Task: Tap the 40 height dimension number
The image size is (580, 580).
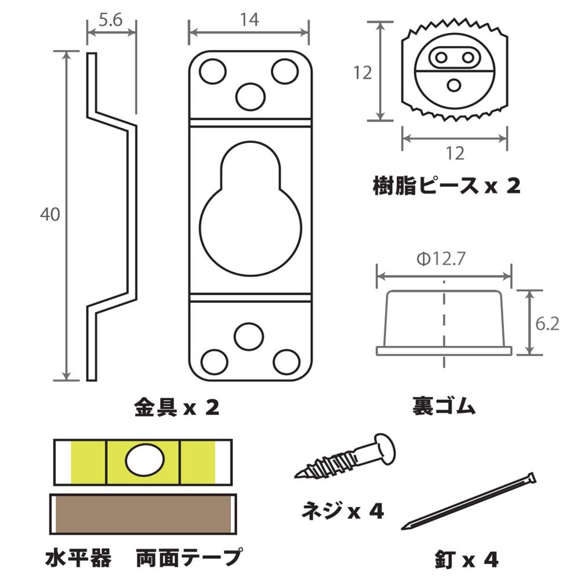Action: click(50, 214)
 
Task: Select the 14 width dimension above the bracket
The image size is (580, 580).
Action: click(248, 20)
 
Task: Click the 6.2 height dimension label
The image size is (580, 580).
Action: click(547, 324)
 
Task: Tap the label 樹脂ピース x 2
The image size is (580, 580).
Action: click(446, 186)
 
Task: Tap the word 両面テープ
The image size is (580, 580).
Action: click(188, 558)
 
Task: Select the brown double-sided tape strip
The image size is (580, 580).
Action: click(143, 516)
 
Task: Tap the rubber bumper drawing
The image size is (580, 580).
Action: click(444, 322)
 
